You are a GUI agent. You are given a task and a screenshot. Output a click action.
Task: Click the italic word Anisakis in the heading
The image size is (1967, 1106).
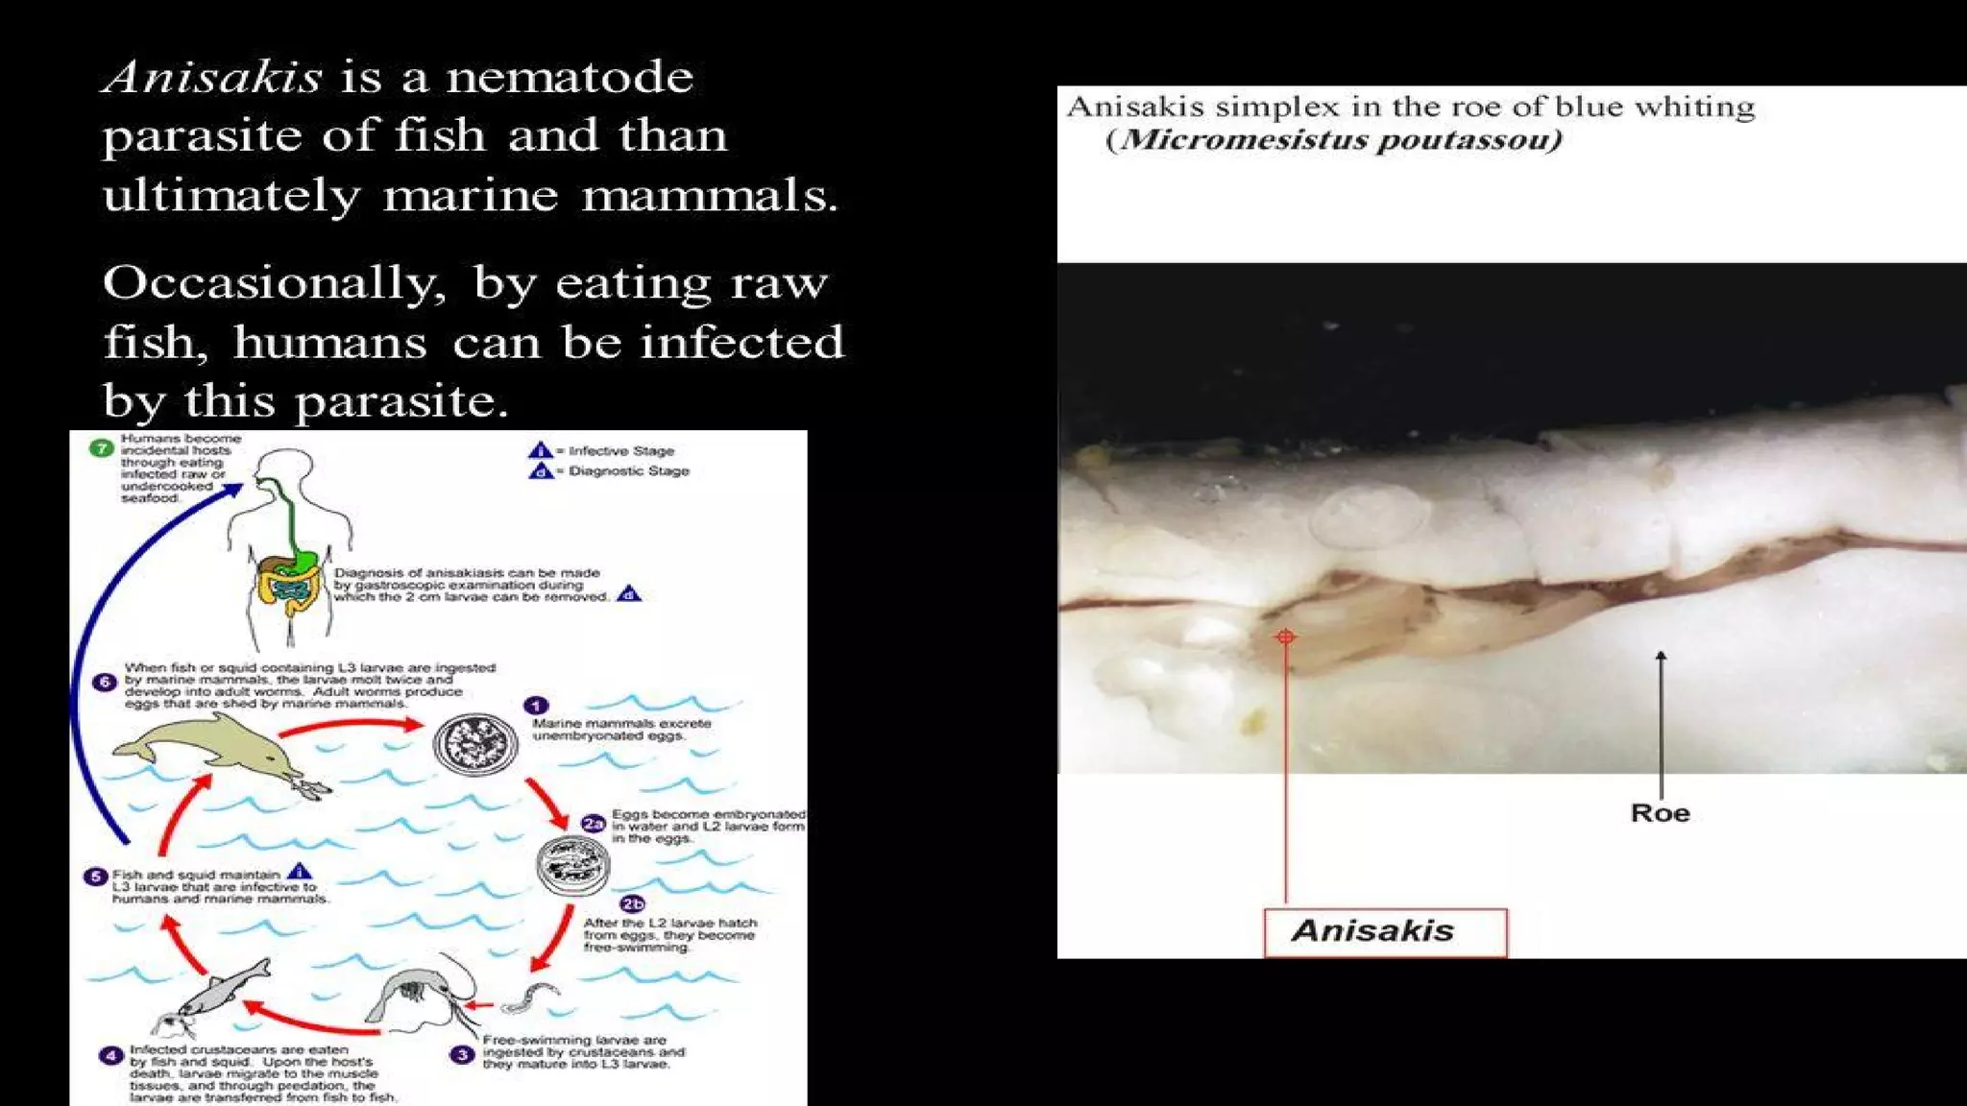point(212,77)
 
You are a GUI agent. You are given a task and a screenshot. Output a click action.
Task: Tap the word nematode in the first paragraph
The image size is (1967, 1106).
point(570,77)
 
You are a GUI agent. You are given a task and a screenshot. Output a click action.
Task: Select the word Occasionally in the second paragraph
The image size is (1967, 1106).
point(275,284)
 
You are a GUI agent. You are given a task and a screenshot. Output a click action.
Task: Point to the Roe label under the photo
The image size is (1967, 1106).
point(1660,813)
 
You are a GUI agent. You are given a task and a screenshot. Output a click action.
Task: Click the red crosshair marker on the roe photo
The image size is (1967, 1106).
point(1285,637)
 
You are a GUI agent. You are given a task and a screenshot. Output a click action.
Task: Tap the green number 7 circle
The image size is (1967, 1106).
point(101,447)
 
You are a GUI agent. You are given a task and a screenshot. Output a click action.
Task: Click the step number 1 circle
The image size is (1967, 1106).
point(536,706)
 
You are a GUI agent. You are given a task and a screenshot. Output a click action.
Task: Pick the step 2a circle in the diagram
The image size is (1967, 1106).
point(594,823)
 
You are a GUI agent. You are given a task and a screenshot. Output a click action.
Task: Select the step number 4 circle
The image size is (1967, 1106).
point(110,1055)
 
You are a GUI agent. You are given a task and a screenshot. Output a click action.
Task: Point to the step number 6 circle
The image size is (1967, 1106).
point(105,682)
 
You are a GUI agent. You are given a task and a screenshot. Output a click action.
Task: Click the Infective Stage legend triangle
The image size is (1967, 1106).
point(541,450)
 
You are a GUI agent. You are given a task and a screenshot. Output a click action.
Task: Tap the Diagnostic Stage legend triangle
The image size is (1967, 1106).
point(541,470)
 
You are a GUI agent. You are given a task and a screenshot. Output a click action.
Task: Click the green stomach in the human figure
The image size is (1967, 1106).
point(305,558)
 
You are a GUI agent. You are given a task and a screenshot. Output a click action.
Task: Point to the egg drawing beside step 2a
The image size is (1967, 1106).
point(572,865)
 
